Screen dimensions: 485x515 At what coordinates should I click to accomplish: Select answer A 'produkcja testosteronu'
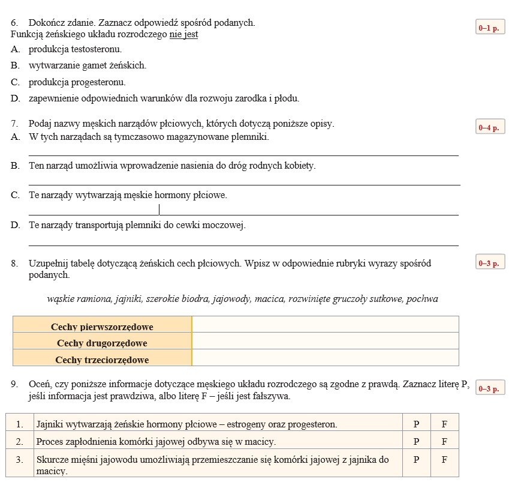pyautogui.click(x=75, y=49)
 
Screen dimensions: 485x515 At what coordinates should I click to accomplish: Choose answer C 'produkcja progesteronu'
pyautogui.click(x=77, y=82)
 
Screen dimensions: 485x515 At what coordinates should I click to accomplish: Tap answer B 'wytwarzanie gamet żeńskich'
pyautogui.click(x=87, y=65)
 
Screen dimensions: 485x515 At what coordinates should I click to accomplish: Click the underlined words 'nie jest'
pyautogui.click(x=183, y=35)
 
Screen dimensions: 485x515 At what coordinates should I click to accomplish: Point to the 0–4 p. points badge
pyautogui.click(x=489, y=127)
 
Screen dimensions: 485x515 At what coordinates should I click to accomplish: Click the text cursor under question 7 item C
pyautogui.click(x=159, y=209)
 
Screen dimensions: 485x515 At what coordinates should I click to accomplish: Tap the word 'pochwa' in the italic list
pyautogui.click(x=422, y=299)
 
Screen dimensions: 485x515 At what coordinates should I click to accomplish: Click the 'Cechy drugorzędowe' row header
pyautogui.click(x=102, y=343)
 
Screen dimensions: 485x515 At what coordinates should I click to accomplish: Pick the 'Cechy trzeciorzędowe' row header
pyautogui.click(x=102, y=360)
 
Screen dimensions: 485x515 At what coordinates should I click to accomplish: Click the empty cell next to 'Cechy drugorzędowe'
pyautogui.click(x=325, y=342)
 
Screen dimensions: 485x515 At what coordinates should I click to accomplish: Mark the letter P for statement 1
pyautogui.click(x=417, y=424)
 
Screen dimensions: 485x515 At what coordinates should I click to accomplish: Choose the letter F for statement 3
pyautogui.click(x=444, y=460)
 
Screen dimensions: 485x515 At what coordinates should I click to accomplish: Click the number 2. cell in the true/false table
pyautogui.click(x=20, y=442)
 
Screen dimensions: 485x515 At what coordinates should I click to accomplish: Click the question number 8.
pyautogui.click(x=14, y=264)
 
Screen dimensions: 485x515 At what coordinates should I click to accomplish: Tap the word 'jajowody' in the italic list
pyautogui.click(x=233, y=299)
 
